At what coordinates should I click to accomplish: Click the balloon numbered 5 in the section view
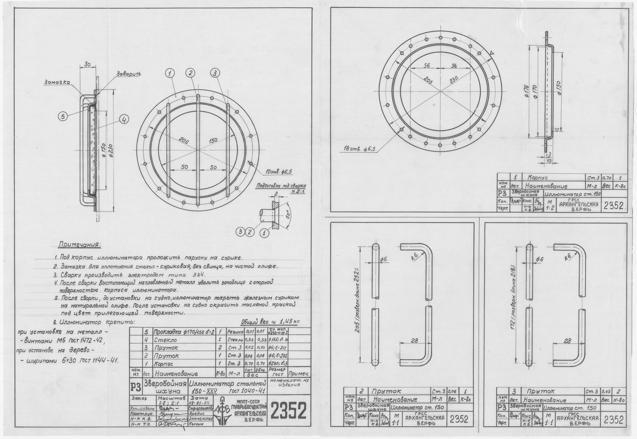(x=63, y=117)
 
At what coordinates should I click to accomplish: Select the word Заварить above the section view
(x=129, y=74)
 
